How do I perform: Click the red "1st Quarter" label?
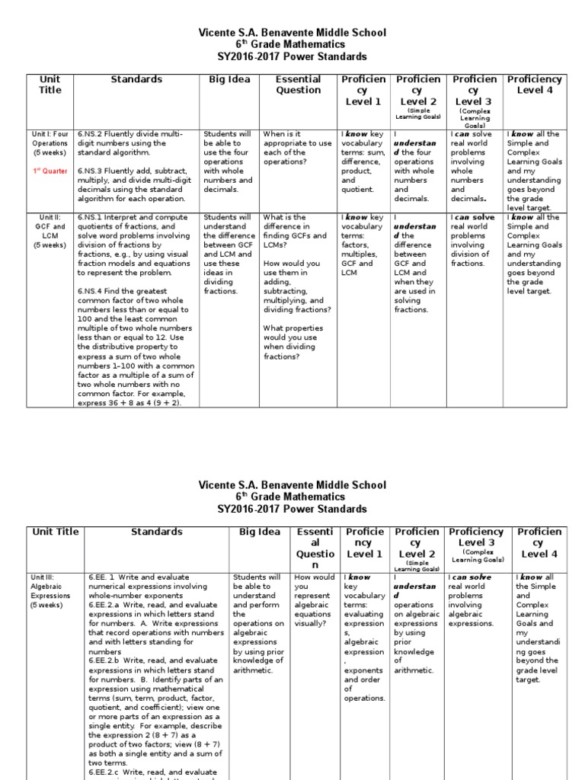coord(50,171)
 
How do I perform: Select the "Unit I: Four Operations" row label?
coord(50,142)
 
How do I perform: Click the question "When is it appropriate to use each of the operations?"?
coord(296,142)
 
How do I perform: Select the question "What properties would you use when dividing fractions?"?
coord(293,342)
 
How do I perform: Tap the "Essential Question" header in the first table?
coord(298,85)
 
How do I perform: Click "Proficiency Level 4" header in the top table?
coord(534,85)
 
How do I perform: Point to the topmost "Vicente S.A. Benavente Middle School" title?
coord(292,33)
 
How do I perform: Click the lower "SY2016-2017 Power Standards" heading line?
coord(292,509)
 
